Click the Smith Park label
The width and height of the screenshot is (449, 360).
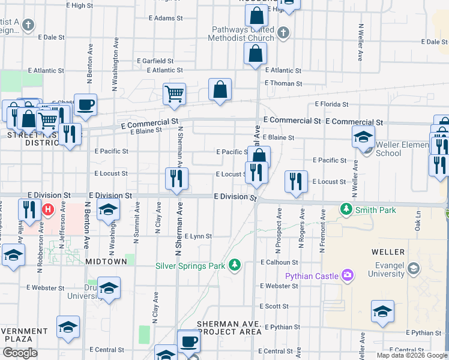[368, 210]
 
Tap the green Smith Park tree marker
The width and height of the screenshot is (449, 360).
[346, 209]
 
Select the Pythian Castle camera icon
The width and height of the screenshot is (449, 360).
[347, 275]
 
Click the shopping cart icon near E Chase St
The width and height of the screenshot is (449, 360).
[174, 93]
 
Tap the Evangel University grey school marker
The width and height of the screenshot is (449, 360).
[413, 268]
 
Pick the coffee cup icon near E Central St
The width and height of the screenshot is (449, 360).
[188, 341]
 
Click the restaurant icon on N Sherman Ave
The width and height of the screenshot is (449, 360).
[176, 178]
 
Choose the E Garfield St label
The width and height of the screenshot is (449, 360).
[155, 61]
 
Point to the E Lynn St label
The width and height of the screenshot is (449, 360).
[198, 236]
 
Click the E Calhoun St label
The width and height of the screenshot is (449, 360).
[279, 262]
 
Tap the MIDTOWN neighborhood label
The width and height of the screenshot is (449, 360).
[106, 262]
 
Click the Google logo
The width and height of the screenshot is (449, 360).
[20, 353]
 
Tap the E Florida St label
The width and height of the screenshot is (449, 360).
[331, 104]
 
